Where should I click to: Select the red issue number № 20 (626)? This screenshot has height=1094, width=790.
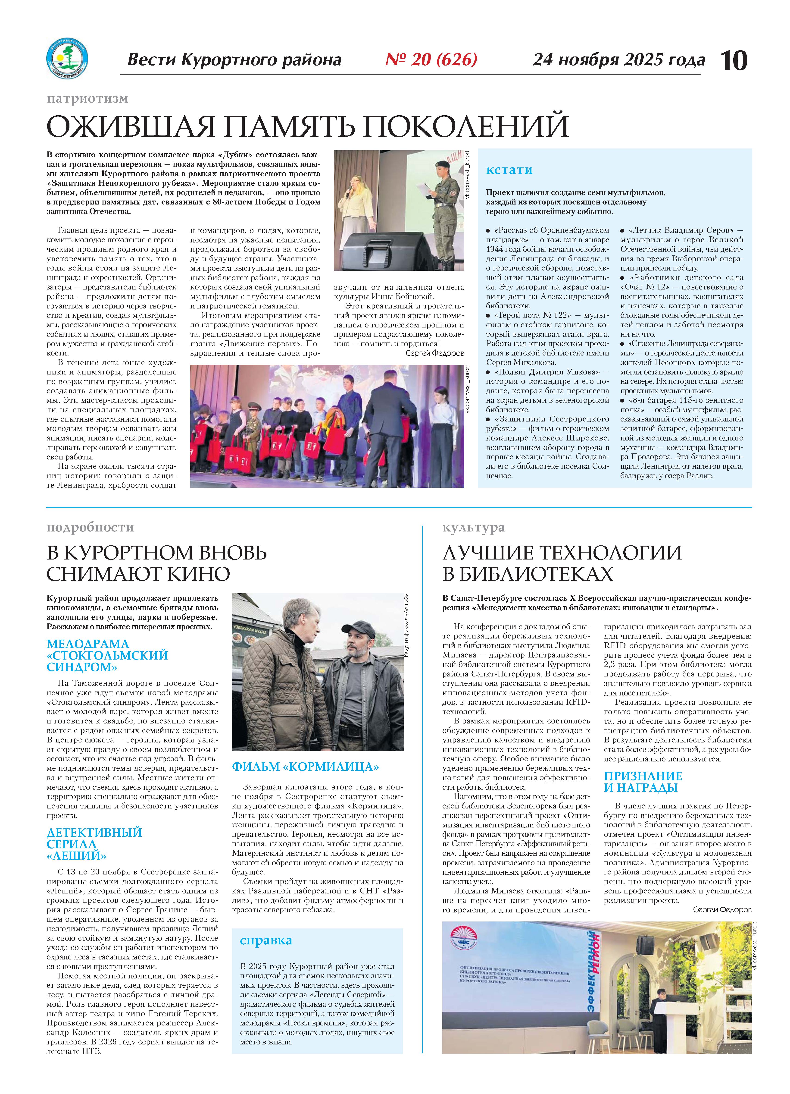(431, 59)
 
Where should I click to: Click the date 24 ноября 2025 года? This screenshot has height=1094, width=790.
(618, 60)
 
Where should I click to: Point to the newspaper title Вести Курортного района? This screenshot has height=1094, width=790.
(234, 60)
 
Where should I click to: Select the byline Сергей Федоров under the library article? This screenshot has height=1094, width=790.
(721, 910)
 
